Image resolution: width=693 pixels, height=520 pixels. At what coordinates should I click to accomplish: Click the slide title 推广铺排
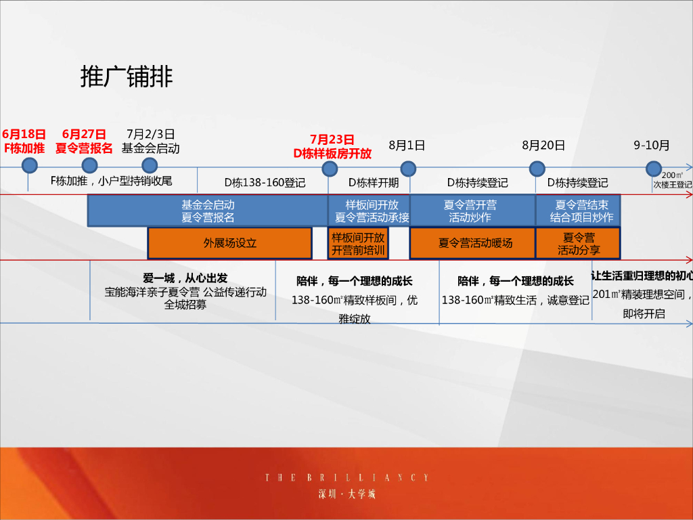127,77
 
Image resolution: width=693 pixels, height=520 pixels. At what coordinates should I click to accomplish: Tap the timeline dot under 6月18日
29,165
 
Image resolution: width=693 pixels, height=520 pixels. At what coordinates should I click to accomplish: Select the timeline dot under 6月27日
89,165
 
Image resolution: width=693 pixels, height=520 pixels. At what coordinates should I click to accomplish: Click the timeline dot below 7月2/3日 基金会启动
150,165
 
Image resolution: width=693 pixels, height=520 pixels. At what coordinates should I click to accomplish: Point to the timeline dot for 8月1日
407,169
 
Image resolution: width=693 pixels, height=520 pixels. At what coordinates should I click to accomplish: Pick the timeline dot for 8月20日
537,169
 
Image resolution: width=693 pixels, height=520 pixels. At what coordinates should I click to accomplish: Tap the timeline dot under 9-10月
653,169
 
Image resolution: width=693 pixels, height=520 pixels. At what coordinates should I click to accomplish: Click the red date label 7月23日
332,139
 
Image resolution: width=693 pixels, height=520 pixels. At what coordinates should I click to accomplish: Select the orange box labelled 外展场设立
230,243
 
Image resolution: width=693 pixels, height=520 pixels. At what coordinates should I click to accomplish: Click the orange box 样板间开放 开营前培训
358,243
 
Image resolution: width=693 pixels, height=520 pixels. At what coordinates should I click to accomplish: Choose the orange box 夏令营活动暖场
472,243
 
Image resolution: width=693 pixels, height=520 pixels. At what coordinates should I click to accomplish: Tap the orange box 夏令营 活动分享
578,243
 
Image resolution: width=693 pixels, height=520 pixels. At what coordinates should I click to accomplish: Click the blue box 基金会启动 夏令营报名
207,211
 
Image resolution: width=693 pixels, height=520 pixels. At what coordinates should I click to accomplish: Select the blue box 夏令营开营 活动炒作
472,211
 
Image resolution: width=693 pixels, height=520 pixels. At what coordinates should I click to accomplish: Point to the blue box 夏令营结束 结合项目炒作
578,211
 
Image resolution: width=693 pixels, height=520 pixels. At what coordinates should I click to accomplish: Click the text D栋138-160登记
265,183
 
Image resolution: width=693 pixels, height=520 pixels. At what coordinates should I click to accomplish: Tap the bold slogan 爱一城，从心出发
185,278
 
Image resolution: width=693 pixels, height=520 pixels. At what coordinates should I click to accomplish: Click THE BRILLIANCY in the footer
346,478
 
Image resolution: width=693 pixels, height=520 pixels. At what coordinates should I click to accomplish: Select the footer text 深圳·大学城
346,494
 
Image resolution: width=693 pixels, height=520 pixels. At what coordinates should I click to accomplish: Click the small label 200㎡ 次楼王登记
672,180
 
